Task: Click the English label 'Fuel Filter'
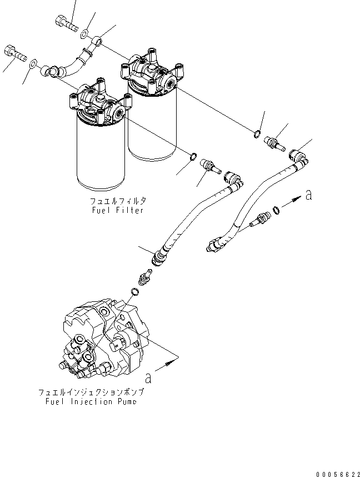point(118,210)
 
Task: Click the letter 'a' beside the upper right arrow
point(308,195)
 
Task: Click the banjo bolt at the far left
point(15,54)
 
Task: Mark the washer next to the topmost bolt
point(84,34)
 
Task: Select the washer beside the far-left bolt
point(33,63)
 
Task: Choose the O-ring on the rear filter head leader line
point(258,133)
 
